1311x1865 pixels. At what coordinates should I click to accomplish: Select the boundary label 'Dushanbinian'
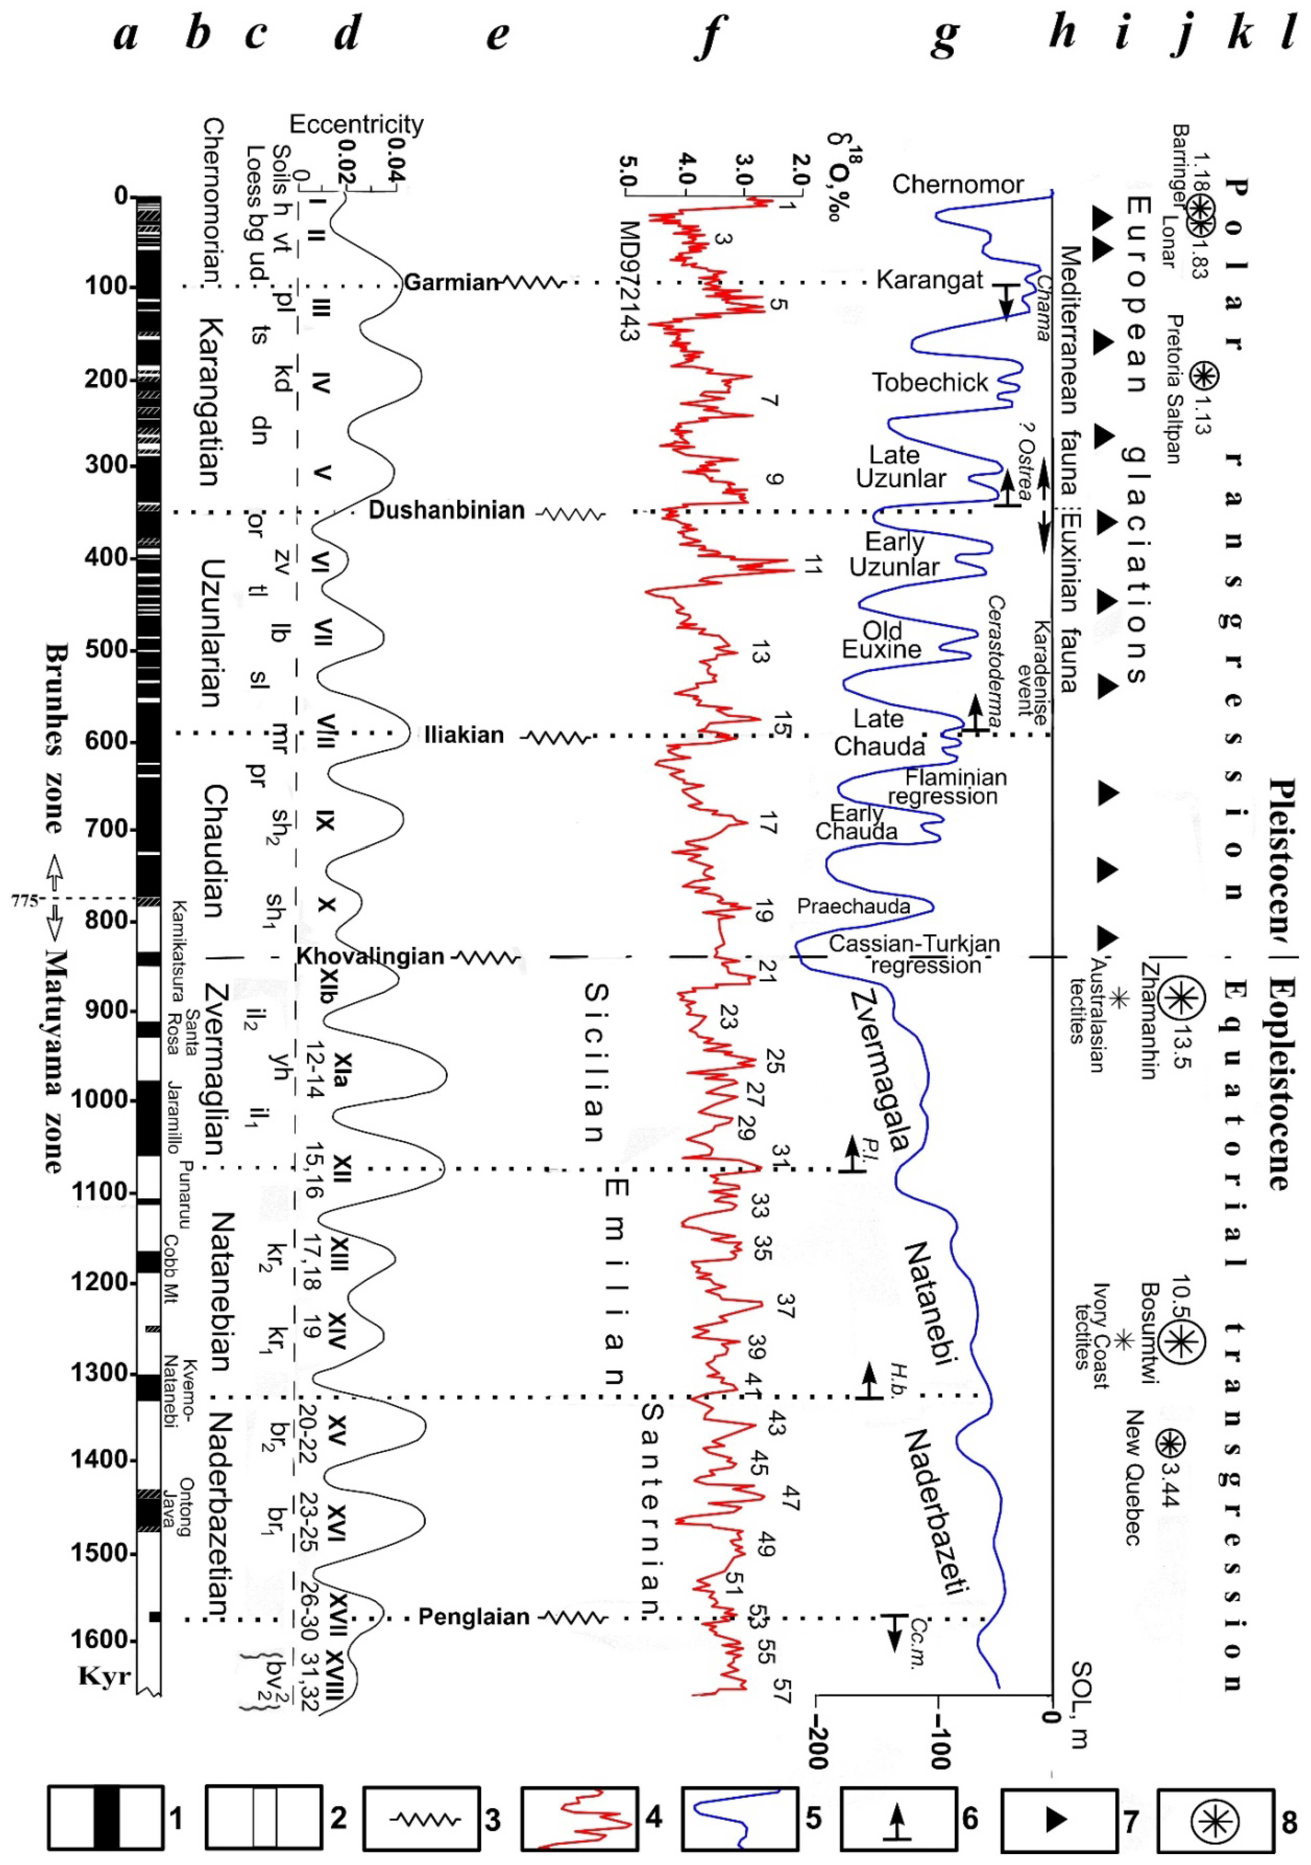pyautogui.click(x=447, y=510)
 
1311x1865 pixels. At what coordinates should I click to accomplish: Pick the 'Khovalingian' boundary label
pyautogui.click(x=370, y=956)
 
